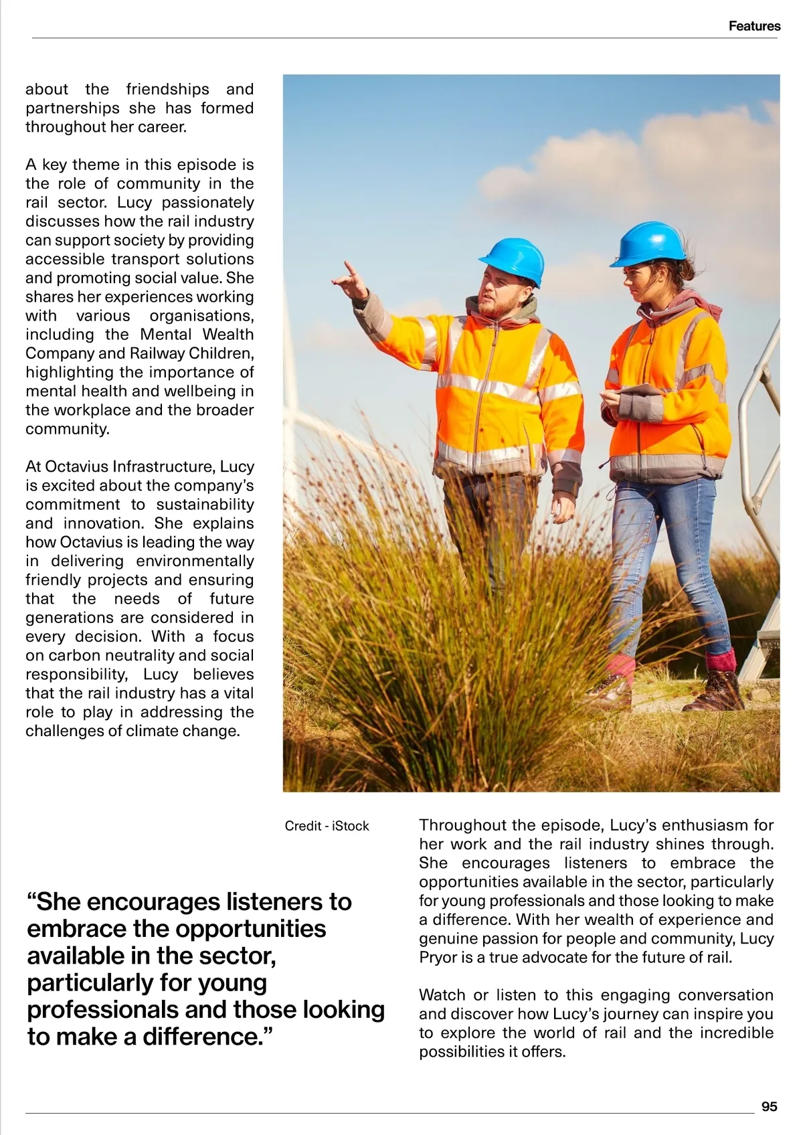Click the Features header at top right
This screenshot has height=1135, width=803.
754,26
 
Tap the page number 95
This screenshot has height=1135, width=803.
769,1107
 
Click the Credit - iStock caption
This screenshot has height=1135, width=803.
327,826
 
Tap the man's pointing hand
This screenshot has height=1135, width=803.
351,281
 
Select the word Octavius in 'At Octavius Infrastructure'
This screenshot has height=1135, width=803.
76,466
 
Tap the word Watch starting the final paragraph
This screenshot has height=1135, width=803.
442,995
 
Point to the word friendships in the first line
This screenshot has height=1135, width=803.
167,89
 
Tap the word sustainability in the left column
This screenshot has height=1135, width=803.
205,504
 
